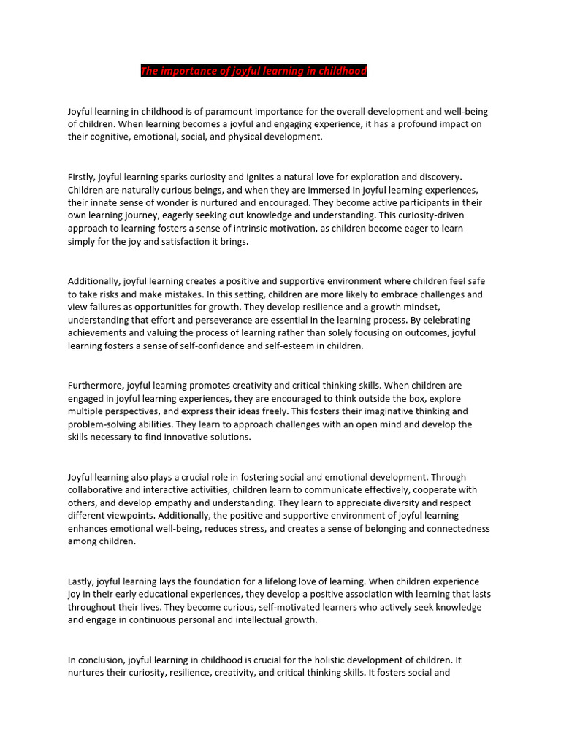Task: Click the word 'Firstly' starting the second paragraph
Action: point(81,177)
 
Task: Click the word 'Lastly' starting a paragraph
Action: point(80,581)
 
